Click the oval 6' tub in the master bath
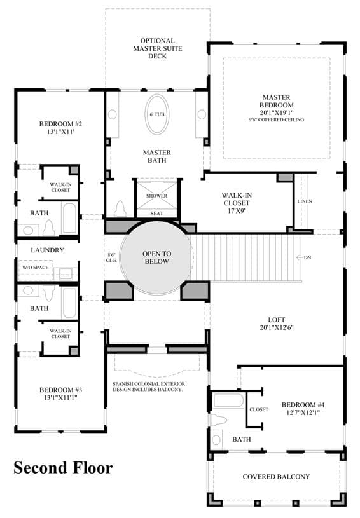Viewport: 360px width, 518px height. tap(157, 114)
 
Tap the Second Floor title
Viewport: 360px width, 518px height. tap(63, 468)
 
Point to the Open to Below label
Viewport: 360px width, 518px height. tap(157, 257)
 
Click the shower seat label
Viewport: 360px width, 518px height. tap(157, 214)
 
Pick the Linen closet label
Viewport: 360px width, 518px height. tap(305, 201)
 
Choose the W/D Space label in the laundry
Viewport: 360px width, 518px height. tap(36, 268)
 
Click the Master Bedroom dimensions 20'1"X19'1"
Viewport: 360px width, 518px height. tap(277, 112)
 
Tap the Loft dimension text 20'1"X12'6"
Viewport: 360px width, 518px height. tap(277, 327)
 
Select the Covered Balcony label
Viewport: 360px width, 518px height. tap(277, 477)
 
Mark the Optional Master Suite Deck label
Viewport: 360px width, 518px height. tap(157, 48)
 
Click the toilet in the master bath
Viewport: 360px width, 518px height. tap(120, 209)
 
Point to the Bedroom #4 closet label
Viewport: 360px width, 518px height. tap(259, 410)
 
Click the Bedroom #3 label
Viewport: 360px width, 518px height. tap(60, 390)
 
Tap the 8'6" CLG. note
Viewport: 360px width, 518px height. tap(111, 257)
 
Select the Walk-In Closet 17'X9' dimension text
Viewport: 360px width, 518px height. tap(237, 210)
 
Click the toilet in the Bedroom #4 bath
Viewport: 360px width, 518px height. tap(219, 421)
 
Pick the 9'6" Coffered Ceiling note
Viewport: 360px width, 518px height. tap(277, 120)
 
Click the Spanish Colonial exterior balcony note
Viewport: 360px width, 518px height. tap(149, 387)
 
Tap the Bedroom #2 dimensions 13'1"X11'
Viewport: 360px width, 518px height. tap(60, 132)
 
